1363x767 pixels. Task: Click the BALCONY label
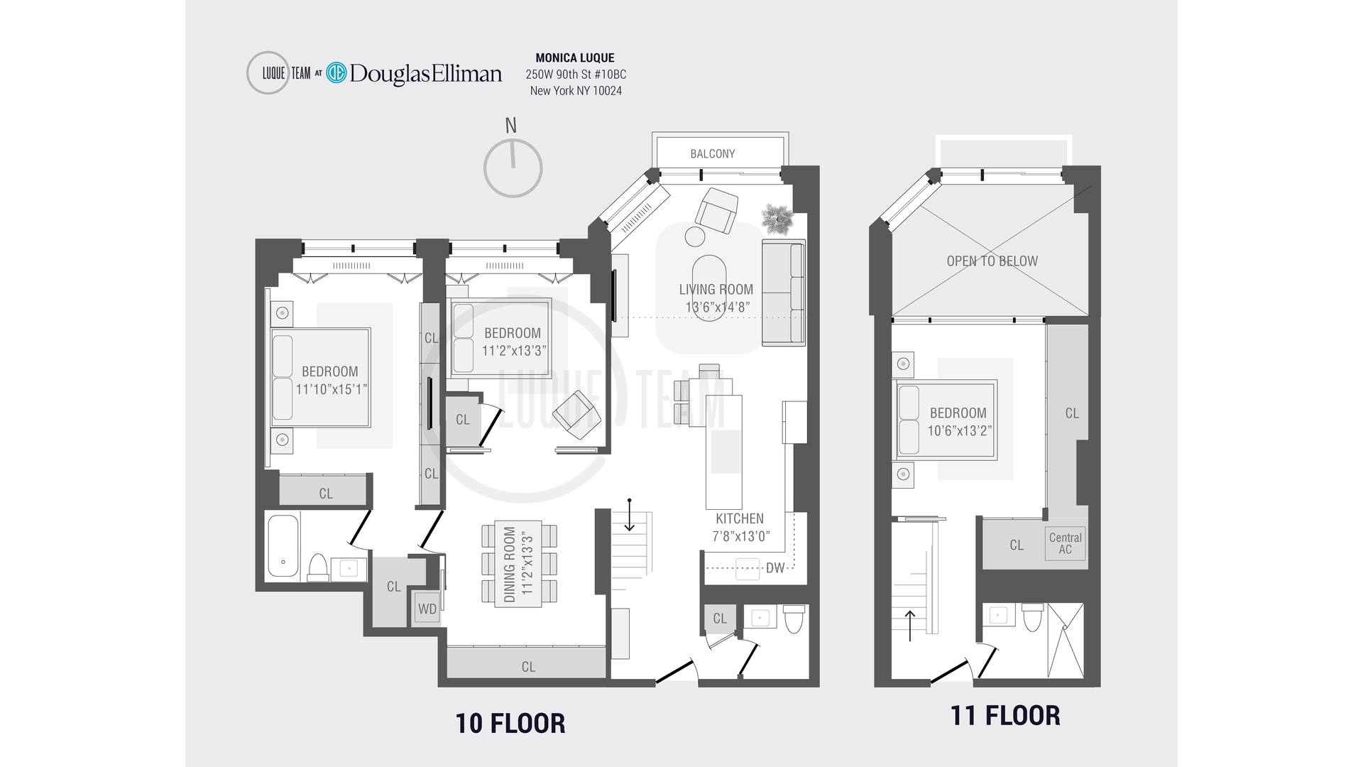[x=712, y=153]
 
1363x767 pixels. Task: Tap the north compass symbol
[x=513, y=168]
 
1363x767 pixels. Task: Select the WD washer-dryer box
[x=427, y=609]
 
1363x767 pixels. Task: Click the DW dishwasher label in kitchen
[x=775, y=568]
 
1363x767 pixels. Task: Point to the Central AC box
[x=1065, y=543]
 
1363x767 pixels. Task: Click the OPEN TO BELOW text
[x=992, y=261]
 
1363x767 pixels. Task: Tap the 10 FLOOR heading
[x=510, y=724]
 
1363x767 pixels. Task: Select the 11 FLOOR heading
[x=1005, y=715]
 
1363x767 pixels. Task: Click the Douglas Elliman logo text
[x=425, y=73]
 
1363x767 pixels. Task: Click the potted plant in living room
[x=777, y=218]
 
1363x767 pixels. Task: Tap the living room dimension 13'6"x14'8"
[x=717, y=308]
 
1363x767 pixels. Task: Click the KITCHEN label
[x=740, y=518]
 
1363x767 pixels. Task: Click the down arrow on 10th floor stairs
[x=629, y=516]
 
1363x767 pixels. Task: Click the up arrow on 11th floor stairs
[x=910, y=625]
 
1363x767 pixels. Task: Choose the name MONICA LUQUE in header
[x=575, y=58]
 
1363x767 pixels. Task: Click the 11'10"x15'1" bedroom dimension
[x=331, y=389]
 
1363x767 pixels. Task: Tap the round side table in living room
[x=694, y=235]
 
